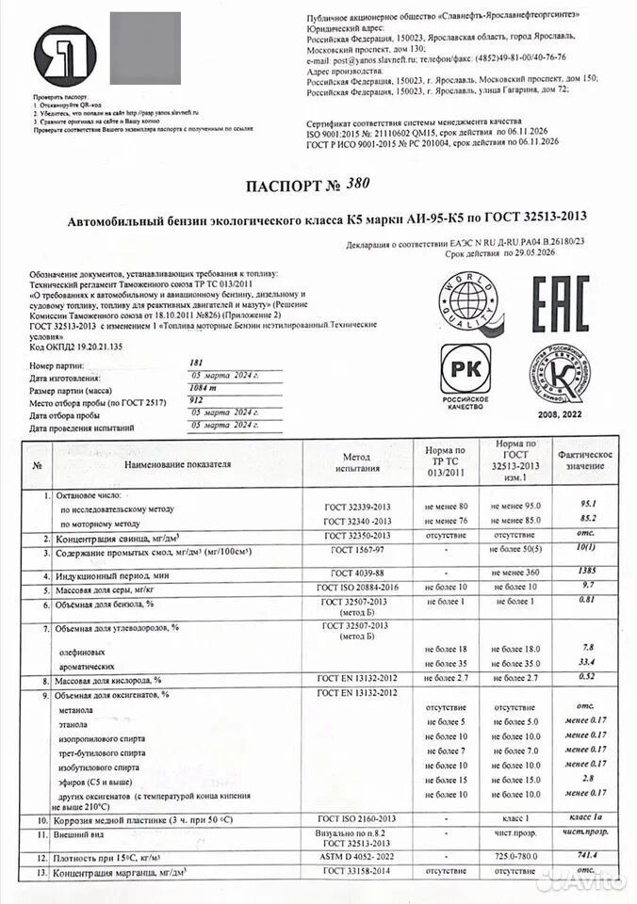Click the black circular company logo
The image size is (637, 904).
[x=65, y=57]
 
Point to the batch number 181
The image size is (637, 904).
[x=196, y=363]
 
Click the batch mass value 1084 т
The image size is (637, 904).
[x=204, y=387]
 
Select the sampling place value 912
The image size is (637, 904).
[x=196, y=399]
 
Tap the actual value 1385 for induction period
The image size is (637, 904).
[x=588, y=572]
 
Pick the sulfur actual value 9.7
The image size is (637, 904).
[x=588, y=587]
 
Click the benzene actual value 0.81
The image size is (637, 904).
[x=588, y=601]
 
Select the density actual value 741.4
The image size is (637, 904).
[x=588, y=855]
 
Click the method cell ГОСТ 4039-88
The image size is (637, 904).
[x=356, y=573]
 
